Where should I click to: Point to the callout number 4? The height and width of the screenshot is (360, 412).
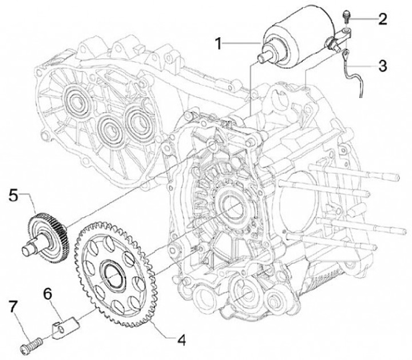(x=181, y=339)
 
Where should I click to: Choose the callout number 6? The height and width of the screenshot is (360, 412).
(x=49, y=294)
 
